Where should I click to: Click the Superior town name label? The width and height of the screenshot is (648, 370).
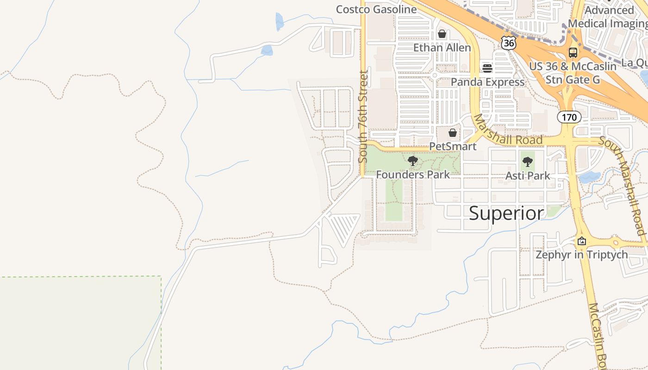click(506, 213)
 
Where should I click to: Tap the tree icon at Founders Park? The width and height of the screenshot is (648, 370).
click(412, 161)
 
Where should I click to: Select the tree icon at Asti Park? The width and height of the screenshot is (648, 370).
click(527, 162)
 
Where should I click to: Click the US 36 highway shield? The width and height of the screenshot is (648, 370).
click(508, 43)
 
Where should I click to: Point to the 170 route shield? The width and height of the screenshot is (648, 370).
click(569, 117)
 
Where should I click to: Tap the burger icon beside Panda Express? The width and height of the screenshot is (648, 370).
click(487, 68)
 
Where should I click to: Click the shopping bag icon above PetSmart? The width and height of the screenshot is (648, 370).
click(453, 133)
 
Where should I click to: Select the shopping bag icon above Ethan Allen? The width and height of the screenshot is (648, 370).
click(442, 34)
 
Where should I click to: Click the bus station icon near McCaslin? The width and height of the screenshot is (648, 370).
click(573, 52)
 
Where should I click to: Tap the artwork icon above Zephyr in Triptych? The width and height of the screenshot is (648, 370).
click(582, 241)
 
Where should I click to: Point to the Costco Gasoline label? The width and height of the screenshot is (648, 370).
click(376, 9)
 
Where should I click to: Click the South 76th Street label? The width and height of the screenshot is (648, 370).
click(363, 116)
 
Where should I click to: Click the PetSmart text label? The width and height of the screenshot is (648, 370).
click(453, 147)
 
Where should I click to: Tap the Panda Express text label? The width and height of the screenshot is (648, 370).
click(488, 82)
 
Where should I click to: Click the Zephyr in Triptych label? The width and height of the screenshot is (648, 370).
click(582, 254)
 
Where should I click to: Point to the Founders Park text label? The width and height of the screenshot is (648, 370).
click(412, 175)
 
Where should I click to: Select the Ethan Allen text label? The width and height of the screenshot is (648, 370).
click(442, 48)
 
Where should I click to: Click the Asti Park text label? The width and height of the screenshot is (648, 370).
click(528, 176)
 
